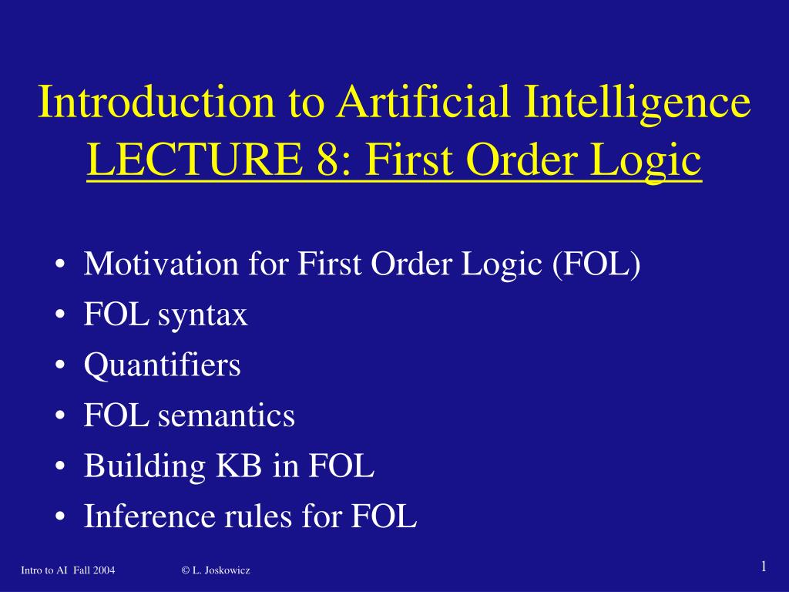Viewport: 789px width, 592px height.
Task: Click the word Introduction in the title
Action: coord(156,101)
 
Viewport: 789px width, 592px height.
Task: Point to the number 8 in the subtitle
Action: coord(327,160)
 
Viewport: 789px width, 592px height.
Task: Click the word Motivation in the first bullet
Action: coord(161,264)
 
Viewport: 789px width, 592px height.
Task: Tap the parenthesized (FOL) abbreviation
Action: coord(596,264)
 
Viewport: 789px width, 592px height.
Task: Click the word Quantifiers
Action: coord(162,365)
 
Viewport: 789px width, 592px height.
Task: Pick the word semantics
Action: coord(227,416)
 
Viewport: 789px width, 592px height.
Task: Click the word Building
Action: coord(144,467)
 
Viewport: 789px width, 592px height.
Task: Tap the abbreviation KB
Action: coord(239,466)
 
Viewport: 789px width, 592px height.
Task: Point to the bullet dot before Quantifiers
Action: coord(61,366)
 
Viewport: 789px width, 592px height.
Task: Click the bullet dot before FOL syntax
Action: coord(61,315)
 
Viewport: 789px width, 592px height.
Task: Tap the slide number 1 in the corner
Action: coord(764,567)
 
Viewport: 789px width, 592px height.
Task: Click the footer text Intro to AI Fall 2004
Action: coord(68,570)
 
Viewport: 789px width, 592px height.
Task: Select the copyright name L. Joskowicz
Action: coord(221,570)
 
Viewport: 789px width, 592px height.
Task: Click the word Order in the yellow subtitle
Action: coord(524,160)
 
